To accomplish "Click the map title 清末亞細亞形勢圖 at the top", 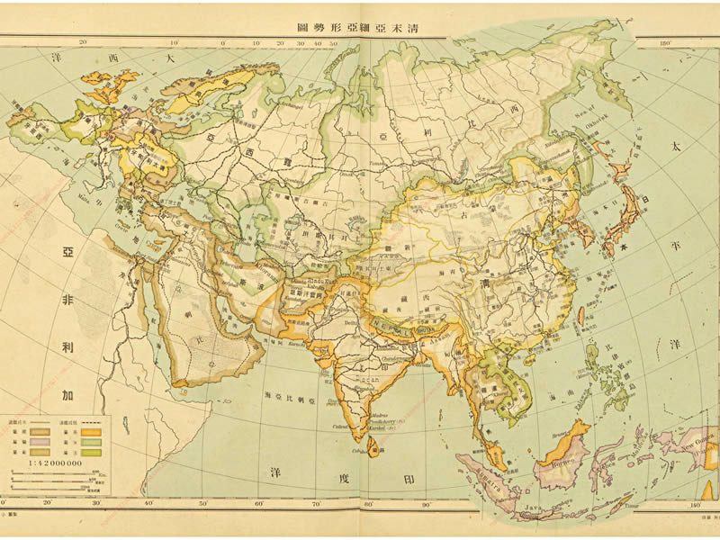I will point(361,26).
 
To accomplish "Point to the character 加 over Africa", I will point(67,393).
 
